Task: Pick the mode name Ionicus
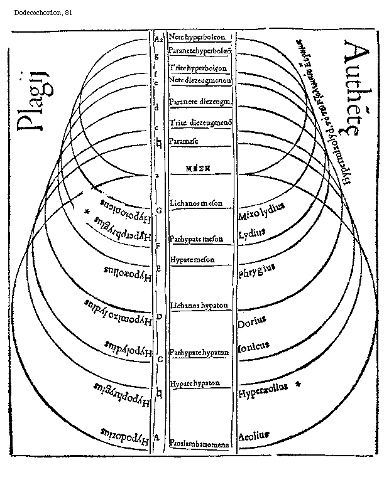point(254,345)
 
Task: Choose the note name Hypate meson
point(192,259)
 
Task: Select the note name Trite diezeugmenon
point(200,122)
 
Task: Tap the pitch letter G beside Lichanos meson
point(159,210)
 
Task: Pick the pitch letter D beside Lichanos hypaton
point(159,316)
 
